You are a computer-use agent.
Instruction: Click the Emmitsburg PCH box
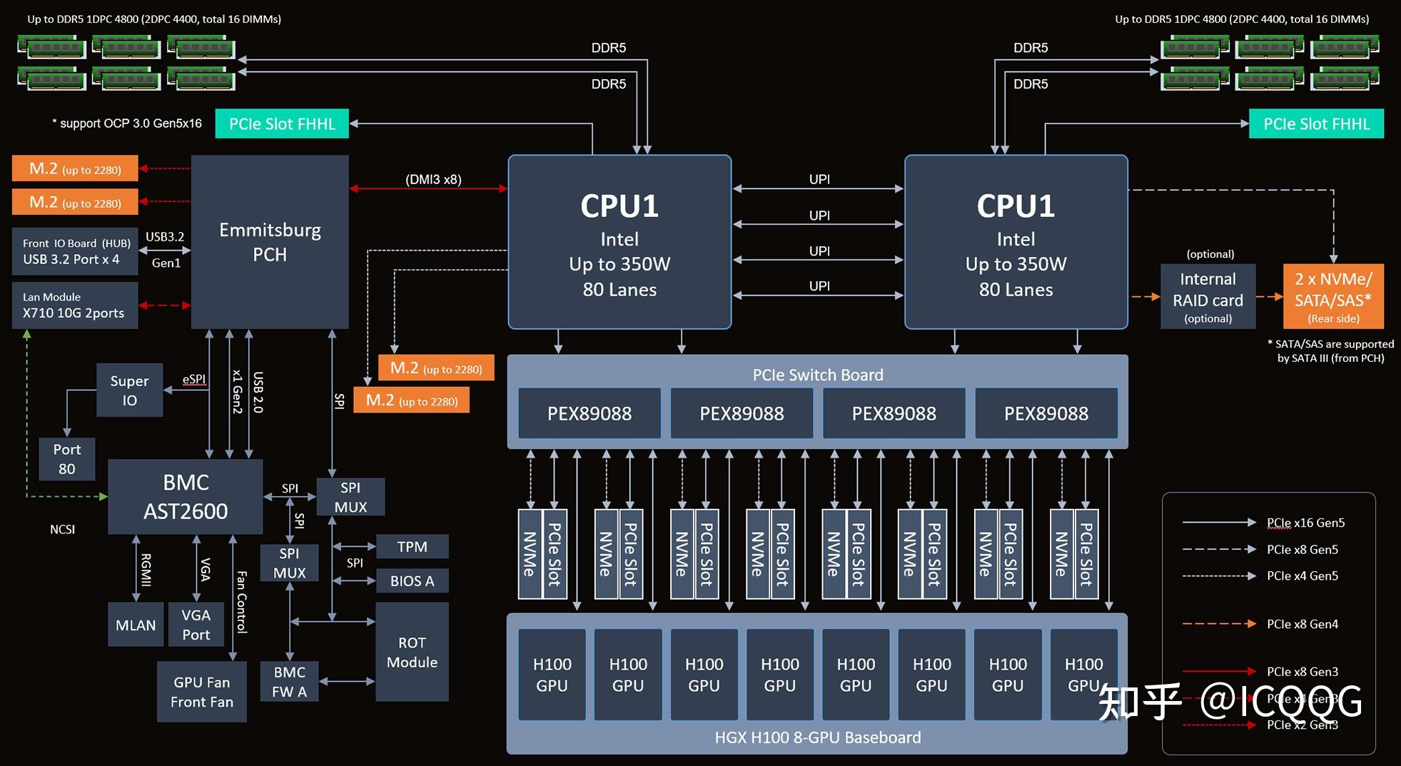point(270,242)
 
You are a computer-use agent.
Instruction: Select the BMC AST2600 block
point(186,497)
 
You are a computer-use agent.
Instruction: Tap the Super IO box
point(129,390)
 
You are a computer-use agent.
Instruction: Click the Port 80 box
point(66,459)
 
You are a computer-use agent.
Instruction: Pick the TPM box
point(412,547)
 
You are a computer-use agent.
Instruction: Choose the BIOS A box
point(412,581)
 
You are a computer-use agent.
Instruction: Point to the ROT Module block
point(412,652)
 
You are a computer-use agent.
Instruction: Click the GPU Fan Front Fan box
point(201,692)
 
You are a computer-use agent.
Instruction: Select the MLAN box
point(136,625)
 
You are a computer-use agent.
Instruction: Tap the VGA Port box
point(196,625)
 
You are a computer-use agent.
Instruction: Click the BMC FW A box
point(289,682)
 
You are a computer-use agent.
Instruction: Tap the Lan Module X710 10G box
point(75,306)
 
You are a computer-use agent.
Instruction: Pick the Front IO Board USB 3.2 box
point(75,251)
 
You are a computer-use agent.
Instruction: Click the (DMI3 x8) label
point(433,179)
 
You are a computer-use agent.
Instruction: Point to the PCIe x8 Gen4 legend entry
point(1302,624)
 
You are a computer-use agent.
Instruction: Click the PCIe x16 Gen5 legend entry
point(1305,523)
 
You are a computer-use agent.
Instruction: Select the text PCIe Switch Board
point(817,375)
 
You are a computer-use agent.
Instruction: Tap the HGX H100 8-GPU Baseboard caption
point(817,737)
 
